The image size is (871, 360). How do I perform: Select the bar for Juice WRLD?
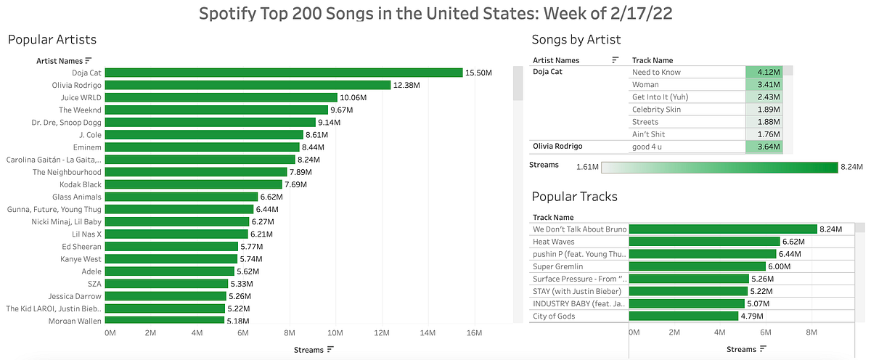pos(222,97)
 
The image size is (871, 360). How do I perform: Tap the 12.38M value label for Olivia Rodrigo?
pos(410,85)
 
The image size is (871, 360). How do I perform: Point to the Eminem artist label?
pos(87,147)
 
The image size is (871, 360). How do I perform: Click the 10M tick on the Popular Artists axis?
pos(335,333)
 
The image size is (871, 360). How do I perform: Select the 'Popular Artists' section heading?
pos(52,39)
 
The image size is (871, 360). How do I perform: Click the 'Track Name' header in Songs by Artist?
pos(653,60)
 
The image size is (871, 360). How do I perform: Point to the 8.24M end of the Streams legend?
pos(851,167)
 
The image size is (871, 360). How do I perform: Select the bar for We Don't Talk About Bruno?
pos(723,229)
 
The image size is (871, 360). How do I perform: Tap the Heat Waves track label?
pos(552,242)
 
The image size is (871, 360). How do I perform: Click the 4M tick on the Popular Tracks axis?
pos(720,332)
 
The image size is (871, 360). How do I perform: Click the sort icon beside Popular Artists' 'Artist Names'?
pos(89,60)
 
